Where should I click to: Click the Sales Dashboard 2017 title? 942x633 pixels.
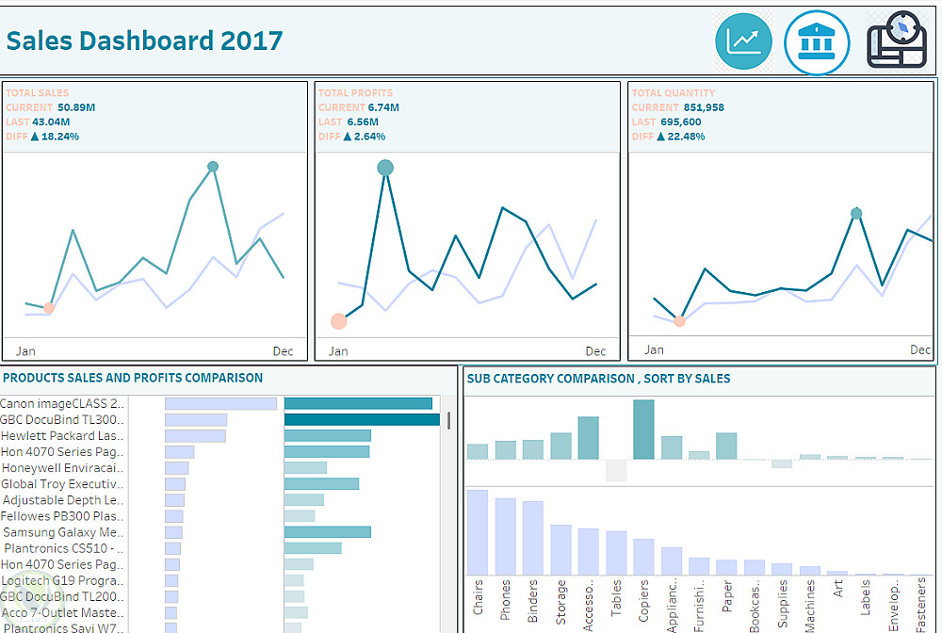144,41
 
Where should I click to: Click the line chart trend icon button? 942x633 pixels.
744,41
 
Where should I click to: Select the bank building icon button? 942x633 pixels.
817,42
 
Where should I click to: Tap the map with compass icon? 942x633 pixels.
897,41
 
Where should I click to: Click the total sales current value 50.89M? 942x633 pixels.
76,107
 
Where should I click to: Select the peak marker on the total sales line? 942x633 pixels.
213,167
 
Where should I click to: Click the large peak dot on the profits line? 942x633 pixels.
385,168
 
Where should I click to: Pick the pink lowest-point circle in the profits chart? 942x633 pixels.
339,321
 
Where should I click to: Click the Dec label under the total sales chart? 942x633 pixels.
283,351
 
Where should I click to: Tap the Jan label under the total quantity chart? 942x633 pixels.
653,350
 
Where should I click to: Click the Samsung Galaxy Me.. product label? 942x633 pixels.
63,532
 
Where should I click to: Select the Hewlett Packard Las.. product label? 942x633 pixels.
62,436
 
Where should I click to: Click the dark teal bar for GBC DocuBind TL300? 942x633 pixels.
362,420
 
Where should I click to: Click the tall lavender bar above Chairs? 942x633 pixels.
478,532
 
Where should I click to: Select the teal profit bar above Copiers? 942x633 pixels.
643,430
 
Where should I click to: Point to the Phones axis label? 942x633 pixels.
506,599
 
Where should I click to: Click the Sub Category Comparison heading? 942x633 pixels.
598,379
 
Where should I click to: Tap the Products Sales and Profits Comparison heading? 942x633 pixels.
133,378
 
